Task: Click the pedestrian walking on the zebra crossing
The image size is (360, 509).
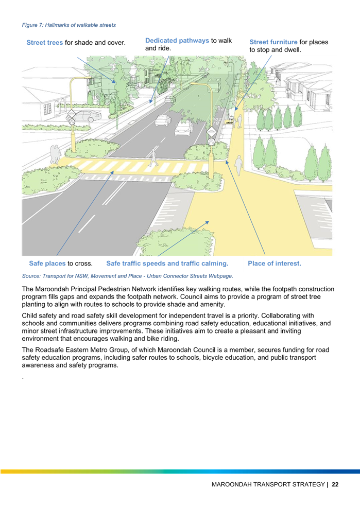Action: (x=153, y=158)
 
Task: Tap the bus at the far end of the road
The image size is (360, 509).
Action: (x=214, y=84)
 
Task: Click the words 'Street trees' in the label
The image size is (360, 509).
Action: (x=44, y=43)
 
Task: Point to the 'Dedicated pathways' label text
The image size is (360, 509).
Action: (x=177, y=41)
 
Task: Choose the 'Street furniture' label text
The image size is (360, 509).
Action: (x=273, y=42)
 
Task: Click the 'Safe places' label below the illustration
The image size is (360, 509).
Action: (x=47, y=264)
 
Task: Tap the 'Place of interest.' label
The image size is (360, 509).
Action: (x=275, y=264)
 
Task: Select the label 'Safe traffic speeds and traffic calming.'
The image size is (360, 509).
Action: (x=167, y=264)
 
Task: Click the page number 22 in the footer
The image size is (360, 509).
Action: (x=335, y=484)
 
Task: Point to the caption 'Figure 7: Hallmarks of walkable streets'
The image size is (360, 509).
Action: (x=69, y=25)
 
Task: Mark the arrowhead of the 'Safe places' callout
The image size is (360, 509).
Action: (x=112, y=172)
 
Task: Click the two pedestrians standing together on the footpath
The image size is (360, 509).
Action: (x=55, y=154)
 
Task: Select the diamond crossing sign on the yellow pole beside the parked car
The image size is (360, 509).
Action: (x=72, y=114)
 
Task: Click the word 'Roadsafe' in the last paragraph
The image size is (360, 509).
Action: (x=50, y=350)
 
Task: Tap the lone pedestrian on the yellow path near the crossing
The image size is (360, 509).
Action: (x=239, y=165)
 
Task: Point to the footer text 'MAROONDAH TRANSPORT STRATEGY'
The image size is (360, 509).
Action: (x=268, y=484)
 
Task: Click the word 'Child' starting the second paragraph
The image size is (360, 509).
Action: (x=29, y=315)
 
